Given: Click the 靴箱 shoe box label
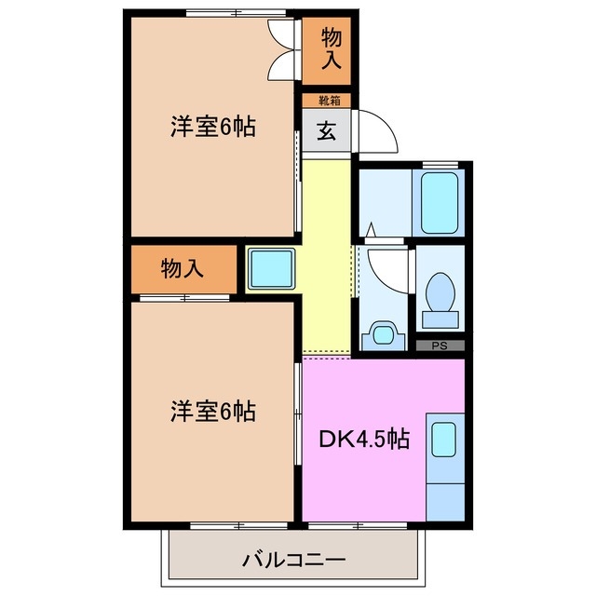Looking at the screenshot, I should click(328, 101).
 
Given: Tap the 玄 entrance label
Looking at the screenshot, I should click(326, 131).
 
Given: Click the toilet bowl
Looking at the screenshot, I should click(437, 297).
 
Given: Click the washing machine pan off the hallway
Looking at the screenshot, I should click(271, 269).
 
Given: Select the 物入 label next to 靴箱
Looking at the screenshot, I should click(332, 50).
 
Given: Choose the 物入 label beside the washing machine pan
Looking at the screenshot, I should click(183, 270).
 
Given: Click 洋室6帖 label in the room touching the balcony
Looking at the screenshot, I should click(213, 410).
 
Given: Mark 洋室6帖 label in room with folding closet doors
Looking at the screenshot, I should click(213, 127).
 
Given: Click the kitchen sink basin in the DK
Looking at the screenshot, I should click(445, 438).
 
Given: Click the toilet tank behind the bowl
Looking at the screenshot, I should click(439, 320).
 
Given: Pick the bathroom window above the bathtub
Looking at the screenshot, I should click(438, 165).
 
